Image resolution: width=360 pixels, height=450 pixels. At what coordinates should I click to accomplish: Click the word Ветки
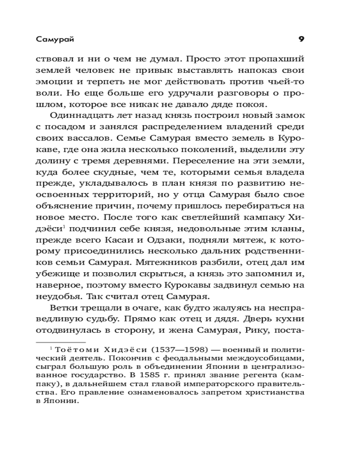(x=63, y=309)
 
